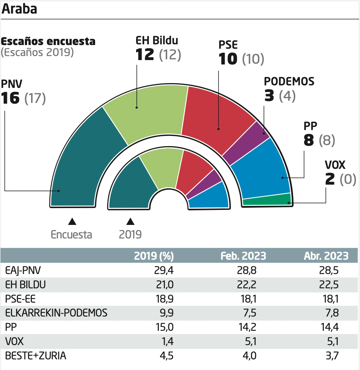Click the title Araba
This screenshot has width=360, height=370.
coord(20,9)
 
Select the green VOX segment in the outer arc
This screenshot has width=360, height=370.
coord(266,200)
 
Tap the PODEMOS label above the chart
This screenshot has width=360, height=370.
coord(289,81)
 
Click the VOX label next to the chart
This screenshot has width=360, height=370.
coord(335,165)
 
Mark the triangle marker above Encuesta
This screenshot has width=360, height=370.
coord(72,221)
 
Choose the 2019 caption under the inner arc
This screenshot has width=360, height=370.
coord(130,234)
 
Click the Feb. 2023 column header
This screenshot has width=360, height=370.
coord(243,256)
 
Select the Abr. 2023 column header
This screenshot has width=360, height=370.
coord(326,256)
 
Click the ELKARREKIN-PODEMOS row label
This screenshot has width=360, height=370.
coord(56,313)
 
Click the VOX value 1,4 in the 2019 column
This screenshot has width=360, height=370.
coord(166,341)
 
